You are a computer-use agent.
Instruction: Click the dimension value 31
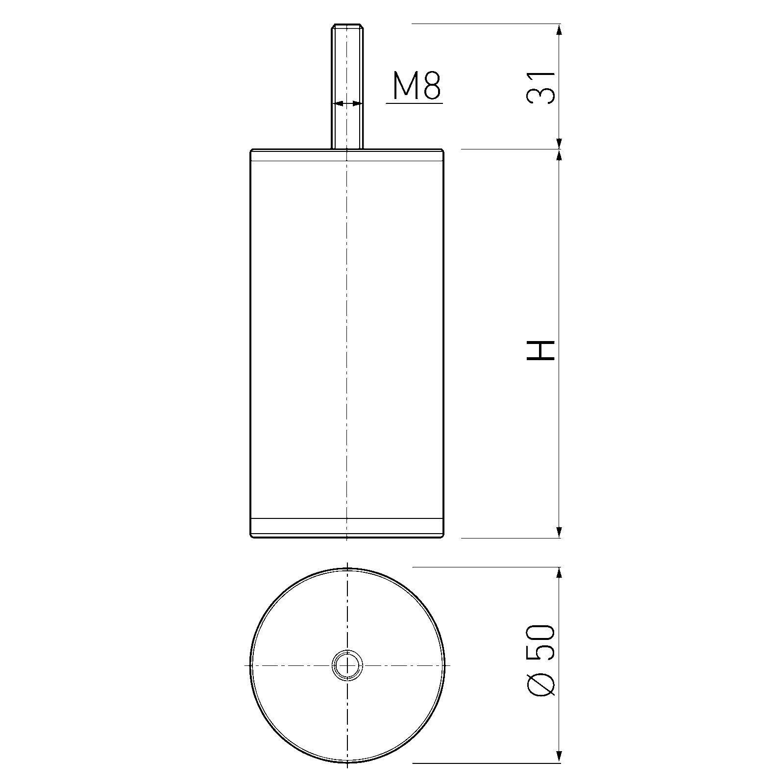pos(541,87)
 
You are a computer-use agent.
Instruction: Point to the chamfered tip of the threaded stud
pos(347,26)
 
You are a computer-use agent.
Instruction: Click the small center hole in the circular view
pos(347,666)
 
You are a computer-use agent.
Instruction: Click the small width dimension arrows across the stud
pos(347,103)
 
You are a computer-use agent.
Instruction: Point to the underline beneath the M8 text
pos(415,103)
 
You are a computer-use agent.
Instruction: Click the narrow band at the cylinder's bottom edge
pos(347,528)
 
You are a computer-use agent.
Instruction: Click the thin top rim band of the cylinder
pos(347,155)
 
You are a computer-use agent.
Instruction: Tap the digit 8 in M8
pos(432,86)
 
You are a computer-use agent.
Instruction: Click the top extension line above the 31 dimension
pos(485,23)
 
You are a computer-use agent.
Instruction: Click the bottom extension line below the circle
pos(485,763)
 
